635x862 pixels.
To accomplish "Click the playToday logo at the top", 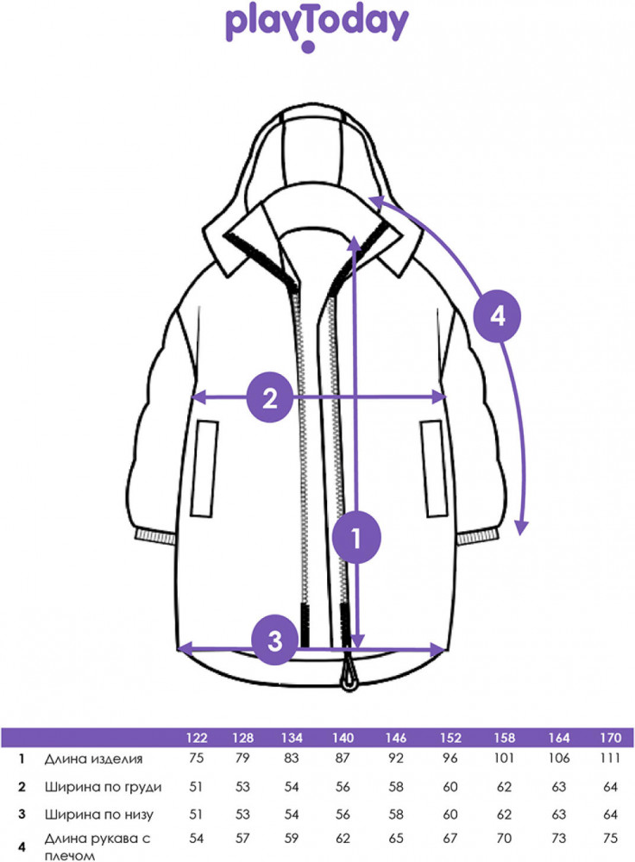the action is [x=317, y=28].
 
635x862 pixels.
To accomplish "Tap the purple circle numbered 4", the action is [x=498, y=316].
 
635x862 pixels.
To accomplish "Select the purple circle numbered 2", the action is [x=270, y=397].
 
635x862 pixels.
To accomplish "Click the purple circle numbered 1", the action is [x=356, y=537].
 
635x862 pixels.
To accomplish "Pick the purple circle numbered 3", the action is [x=275, y=640].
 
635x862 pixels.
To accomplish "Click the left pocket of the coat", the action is [x=204, y=469].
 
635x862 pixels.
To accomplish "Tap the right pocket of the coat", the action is [x=434, y=469].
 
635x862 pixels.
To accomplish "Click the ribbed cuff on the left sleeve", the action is [x=154, y=536].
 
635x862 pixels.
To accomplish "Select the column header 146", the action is [x=396, y=738].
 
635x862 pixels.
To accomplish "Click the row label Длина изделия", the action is [x=93, y=759].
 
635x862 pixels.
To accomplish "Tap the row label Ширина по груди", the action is [x=104, y=787].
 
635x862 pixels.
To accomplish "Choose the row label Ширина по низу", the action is [x=99, y=815].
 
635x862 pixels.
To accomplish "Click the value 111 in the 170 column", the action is [x=610, y=758].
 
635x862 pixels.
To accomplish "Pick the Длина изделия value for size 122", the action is [x=197, y=758].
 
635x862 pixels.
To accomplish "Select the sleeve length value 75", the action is [x=610, y=839].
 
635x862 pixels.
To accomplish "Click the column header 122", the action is [x=197, y=738].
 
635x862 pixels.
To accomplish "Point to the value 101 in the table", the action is [x=504, y=758].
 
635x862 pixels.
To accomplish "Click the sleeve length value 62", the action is [x=343, y=839].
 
